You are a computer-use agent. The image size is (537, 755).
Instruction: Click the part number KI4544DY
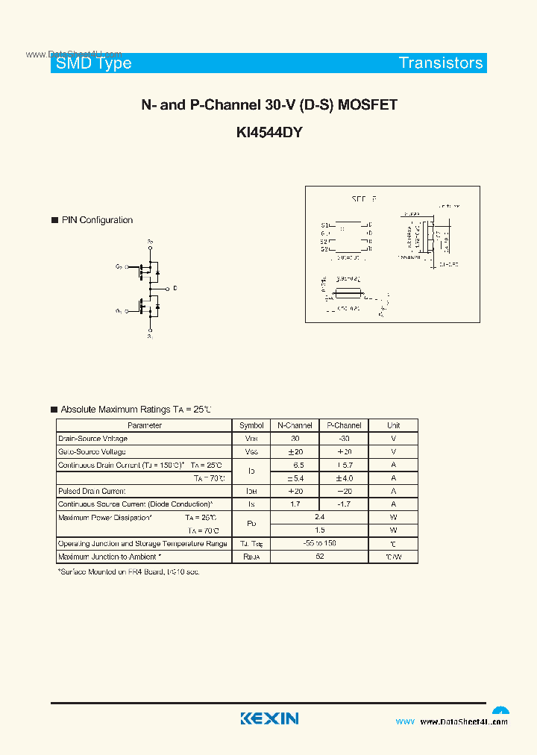pyautogui.click(x=268, y=133)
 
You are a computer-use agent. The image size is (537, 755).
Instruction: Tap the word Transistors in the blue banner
pyautogui.click(x=441, y=63)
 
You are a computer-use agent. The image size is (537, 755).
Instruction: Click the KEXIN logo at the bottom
pyautogui.click(x=269, y=718)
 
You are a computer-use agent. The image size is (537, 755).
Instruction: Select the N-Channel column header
pyautogui.click(x=295, y=425)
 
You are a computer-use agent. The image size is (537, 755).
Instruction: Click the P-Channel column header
pyautogui.click(x=344, y=425)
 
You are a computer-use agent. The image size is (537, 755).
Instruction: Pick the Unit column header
pyautogui.click(x=393, y=425)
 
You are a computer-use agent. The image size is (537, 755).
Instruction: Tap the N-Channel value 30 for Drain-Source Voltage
pyautogui.click(x=295, y=439)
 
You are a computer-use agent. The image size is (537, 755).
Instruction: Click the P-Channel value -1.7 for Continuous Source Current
pyautogui.click(x=344, y=504)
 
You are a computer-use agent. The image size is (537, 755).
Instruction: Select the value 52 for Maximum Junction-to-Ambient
pyautogui.click(x=319, y=557)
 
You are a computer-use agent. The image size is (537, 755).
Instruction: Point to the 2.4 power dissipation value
pyautogui.click(x=319, y=516)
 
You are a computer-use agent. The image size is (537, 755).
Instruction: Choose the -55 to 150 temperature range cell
pyautogui.click(x=319, y=543)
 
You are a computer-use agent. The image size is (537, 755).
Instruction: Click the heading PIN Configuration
pyautogui.click(x=97, y=220)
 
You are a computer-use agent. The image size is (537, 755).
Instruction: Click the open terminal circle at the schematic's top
pyautogui.click(x=150, y=248)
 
